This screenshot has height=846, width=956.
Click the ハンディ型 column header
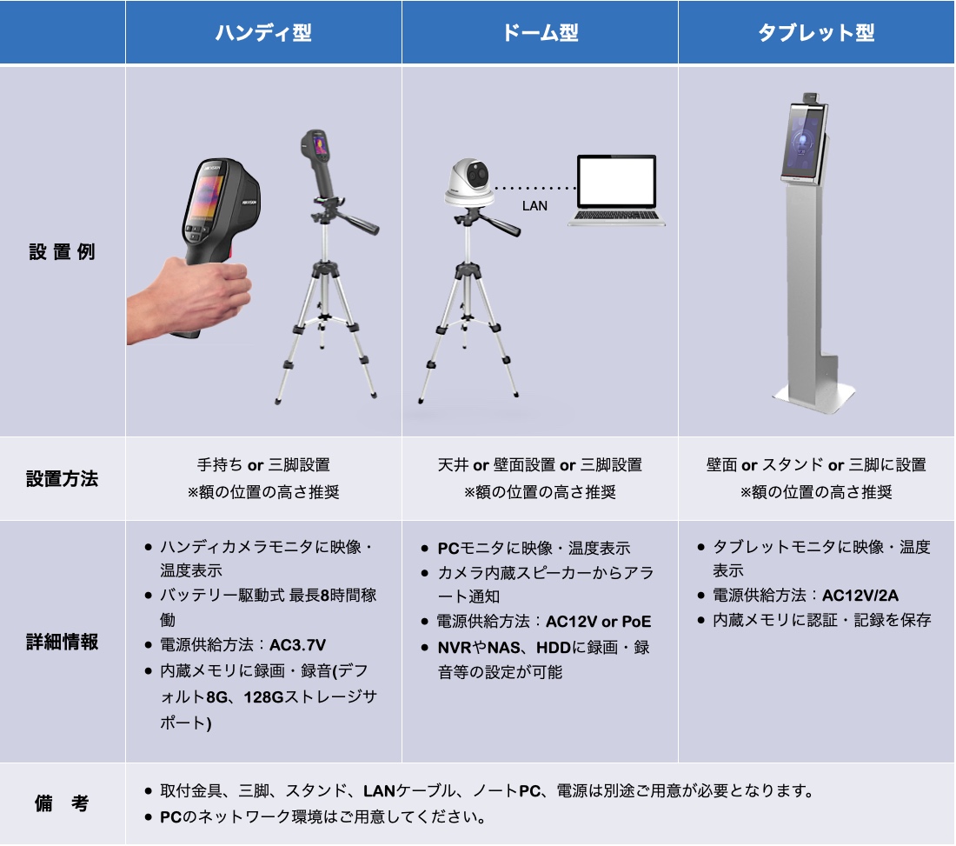pos(263,32)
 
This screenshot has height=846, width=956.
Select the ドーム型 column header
pos(540,32)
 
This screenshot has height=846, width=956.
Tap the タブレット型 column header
pos(816,32)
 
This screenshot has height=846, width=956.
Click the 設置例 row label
pos(63,251)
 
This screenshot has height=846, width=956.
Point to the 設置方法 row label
pos(63,479)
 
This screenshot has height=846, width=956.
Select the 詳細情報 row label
pos(63,642)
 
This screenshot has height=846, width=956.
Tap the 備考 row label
pos(63,803)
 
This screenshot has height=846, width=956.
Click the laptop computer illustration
pos(616,190)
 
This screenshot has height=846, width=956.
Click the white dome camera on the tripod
pos(469,182)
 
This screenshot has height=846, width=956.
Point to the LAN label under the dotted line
pos(534,206)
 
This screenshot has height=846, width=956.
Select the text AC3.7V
pos(297,645)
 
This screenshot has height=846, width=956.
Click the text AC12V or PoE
pos(598,622)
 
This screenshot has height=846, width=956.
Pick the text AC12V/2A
pos(860,596)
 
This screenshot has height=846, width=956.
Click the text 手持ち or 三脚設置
pos(263,465)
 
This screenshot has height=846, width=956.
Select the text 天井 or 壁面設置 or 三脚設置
pos(540,465)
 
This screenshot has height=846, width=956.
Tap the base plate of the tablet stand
pos(814,396)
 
